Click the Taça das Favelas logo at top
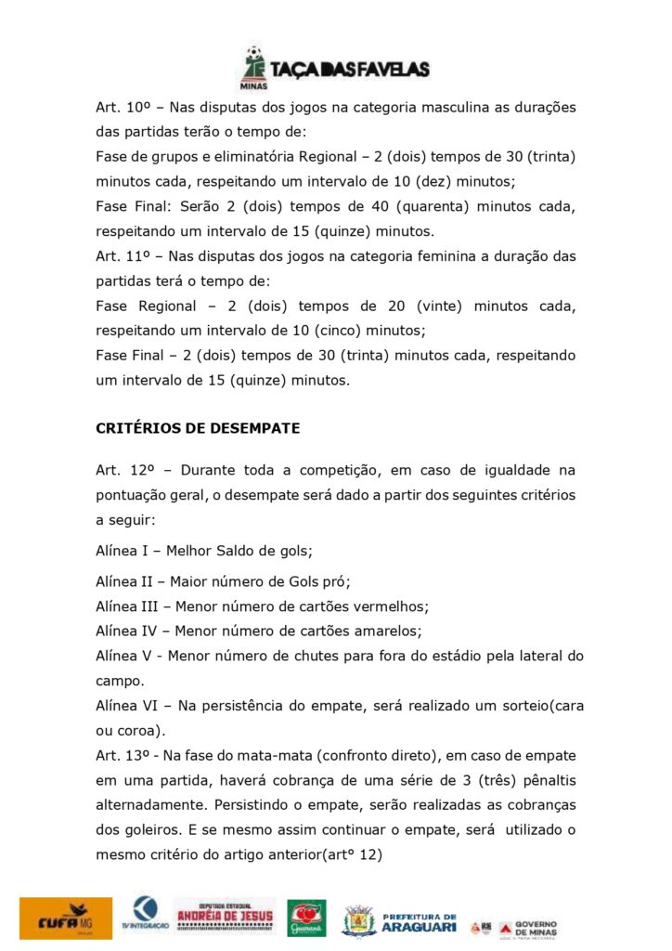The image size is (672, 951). (335, 67)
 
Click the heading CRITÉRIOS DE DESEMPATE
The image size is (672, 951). (198, 428)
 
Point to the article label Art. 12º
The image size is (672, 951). (117, 471)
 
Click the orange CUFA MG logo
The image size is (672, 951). (65, 918)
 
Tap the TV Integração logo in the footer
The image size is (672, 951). (144, 917)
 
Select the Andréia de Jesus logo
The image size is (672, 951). (226, 917)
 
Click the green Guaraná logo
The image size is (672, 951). (306, 918)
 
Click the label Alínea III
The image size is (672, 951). (125, 606)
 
